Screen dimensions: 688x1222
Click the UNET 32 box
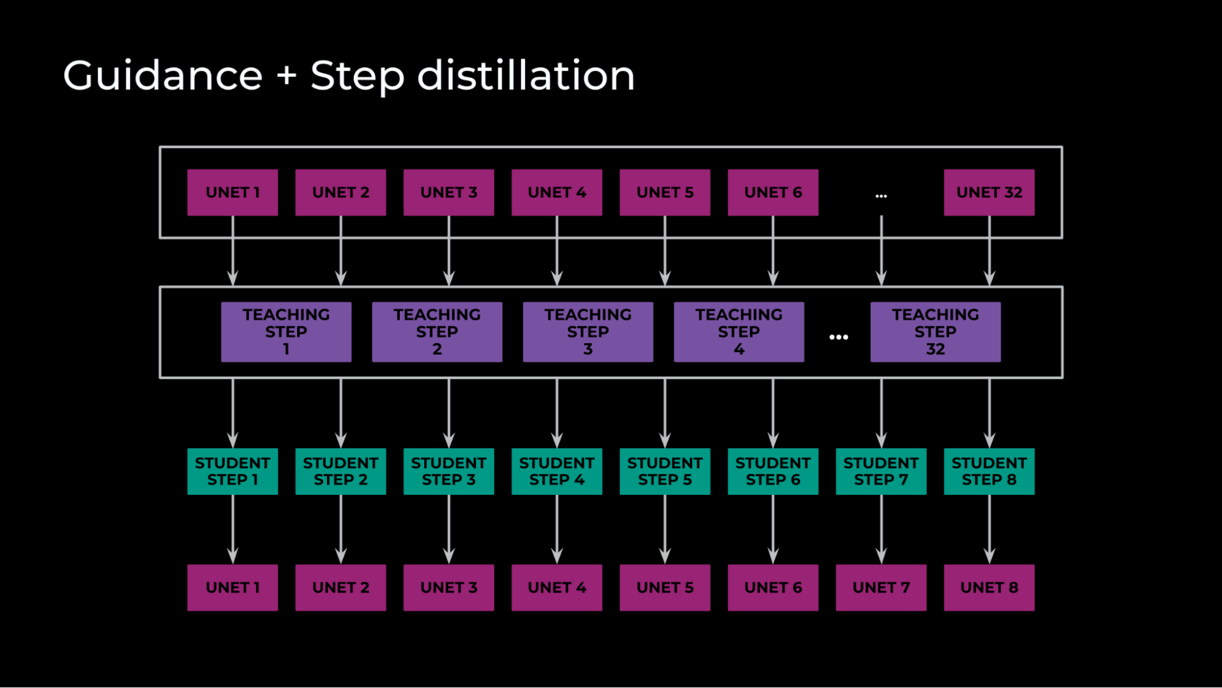pos(988,193)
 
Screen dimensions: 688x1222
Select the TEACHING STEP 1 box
pos(286,332)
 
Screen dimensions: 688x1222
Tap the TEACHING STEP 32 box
pos(935,332)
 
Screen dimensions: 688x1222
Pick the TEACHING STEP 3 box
pos(587,332)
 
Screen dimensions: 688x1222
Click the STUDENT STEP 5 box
pos(664,472)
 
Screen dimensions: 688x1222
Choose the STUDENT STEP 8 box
pos(988,472)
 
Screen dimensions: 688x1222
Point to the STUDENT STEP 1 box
pos(232,472)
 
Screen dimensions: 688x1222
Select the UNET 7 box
pos(881,588)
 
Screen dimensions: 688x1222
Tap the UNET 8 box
pos(988,588)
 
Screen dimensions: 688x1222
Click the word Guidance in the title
pos(163,76)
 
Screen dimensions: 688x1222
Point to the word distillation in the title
pos(526,76)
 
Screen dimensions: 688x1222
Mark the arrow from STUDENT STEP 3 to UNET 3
pos(449,529)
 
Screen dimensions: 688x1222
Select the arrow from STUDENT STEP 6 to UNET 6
pos(773,529)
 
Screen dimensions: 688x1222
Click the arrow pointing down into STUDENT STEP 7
pos(881,413)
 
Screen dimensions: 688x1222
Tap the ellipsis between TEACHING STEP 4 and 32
pos(838,337)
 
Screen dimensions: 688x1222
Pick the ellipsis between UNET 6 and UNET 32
pos(881,196)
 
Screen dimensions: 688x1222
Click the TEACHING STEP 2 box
pos(437,332)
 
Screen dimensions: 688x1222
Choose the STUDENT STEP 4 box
pos(556,472)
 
